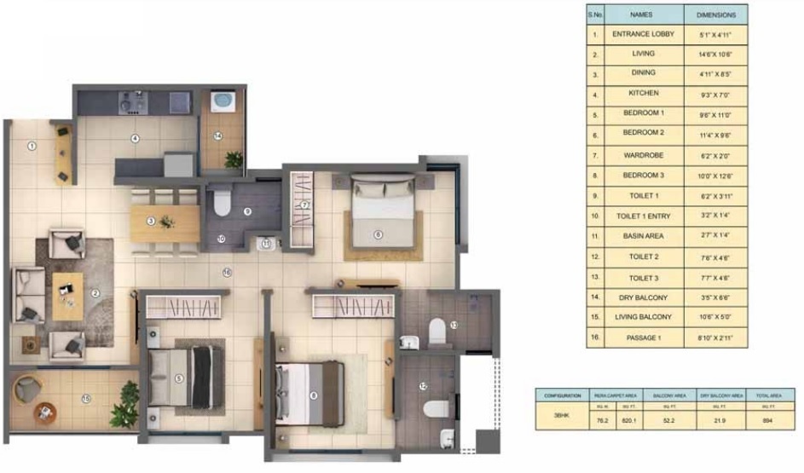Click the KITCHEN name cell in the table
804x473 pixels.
coord(643,93)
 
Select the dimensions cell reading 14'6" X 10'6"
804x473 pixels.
coord(715,54)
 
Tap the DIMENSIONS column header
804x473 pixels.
coord(715,14)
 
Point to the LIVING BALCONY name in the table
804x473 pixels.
coord(643,317)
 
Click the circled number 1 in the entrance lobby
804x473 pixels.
coord(32,146)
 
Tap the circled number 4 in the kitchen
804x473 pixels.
coord(134,138)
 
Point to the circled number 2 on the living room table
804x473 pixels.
coord(95,294)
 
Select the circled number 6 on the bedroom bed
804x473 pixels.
coord(378,234)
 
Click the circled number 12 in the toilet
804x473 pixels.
coord(423,385)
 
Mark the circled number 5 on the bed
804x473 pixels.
coord(178,378)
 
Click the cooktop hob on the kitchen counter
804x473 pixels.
coord(131,102)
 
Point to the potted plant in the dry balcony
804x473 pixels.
coord(233,159)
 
